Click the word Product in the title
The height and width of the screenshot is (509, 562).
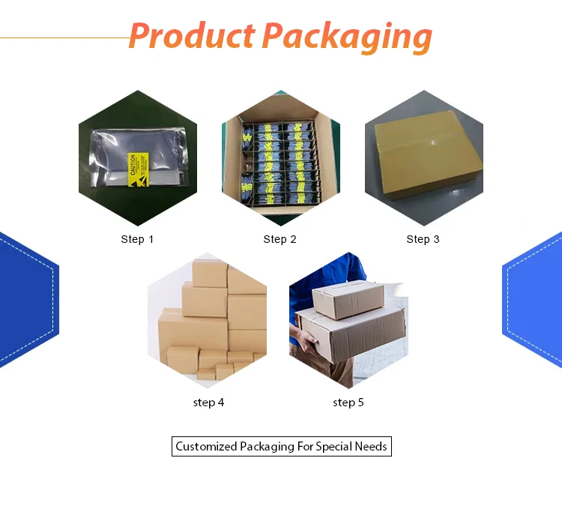pos(191,36)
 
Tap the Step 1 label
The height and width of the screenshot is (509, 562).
pos(137,239)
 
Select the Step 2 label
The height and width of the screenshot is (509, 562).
pos(280,239)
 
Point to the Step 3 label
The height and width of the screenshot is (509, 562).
pos(423,239)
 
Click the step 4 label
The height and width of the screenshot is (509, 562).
pos(208,403)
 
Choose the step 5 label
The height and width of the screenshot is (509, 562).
pos(348,403)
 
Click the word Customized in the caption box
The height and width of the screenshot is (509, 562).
pos(206,447)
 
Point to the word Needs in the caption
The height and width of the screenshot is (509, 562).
pos(372,447)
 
